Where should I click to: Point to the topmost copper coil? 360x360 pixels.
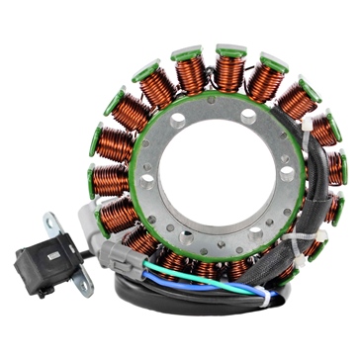point(230,72)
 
